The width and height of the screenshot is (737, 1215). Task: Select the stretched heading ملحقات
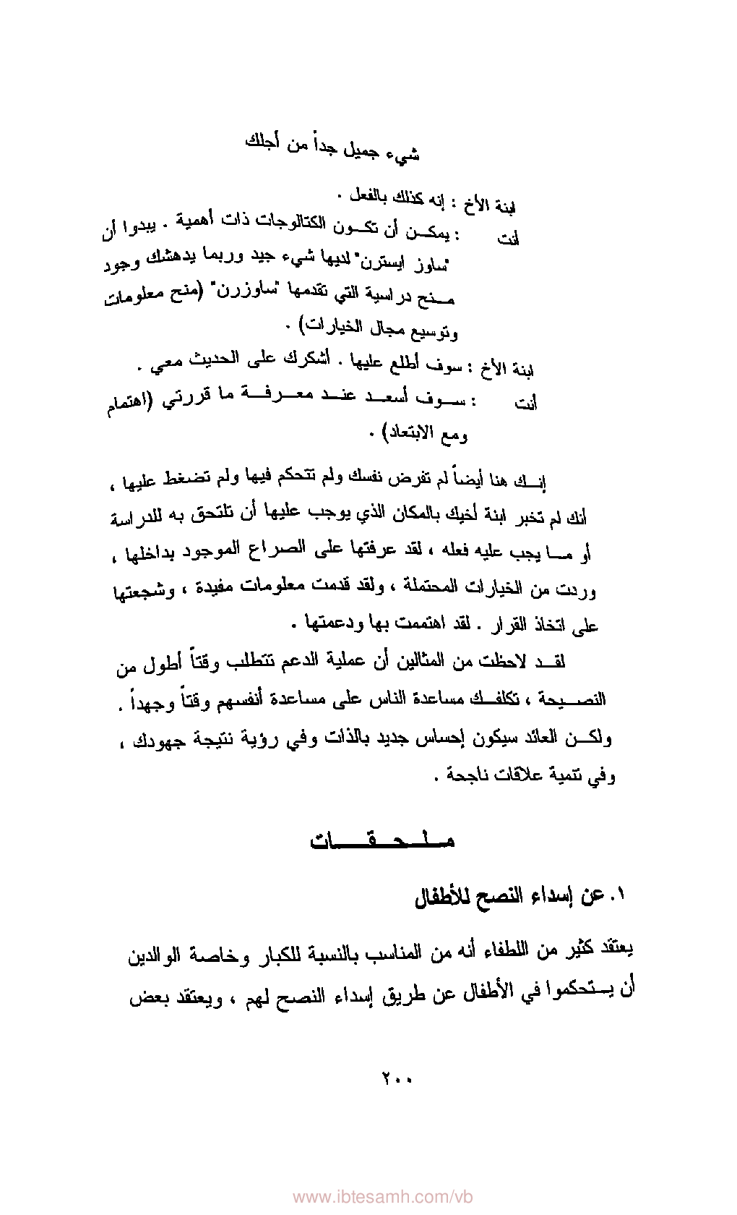coord(382,841)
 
